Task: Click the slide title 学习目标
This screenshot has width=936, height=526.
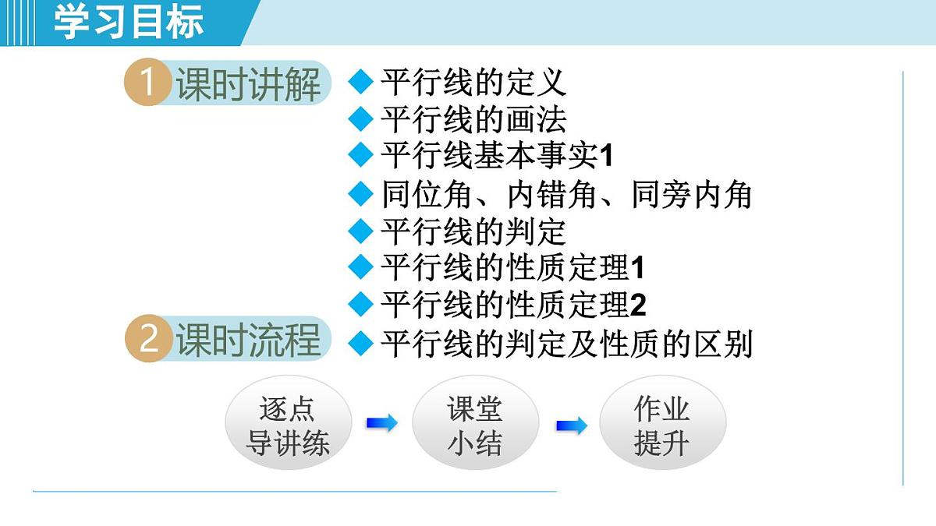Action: click(x=129, y=22)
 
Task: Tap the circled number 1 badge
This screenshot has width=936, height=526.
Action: click(x=147, y=83)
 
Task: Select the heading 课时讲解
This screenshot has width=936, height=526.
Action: click(x=248, y=84)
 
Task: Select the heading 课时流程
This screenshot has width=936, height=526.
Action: click(x=248, y=341)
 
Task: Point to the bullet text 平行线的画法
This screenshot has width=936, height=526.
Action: click(x=473, y=119)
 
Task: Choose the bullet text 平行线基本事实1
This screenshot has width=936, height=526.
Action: click(x=497, y=156)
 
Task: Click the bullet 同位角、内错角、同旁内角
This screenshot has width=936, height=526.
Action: click(x=566, y=194)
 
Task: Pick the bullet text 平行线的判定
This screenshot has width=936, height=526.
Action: click(x=473, y=231)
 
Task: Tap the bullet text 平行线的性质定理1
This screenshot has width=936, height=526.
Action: click(x=513, y=268)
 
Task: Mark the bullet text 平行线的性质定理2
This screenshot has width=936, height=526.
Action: click(x=513, y=305)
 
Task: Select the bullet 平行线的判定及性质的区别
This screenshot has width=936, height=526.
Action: click(x=566, y=344)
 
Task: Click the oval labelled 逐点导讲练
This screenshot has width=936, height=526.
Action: click(x=288, y=426)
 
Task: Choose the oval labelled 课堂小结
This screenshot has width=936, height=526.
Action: click(x=475, y=426)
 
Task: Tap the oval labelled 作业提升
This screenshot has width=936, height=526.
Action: click(x=662, y=426)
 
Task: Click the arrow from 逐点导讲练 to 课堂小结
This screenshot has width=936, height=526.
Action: click(x=381, y=423)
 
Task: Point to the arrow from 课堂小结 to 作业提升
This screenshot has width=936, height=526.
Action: click(x=571, y=425)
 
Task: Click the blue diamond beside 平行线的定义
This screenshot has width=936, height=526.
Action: click(x=360, y=81)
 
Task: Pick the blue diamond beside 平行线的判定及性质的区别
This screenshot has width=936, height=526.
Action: click(x=360, y=343)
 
